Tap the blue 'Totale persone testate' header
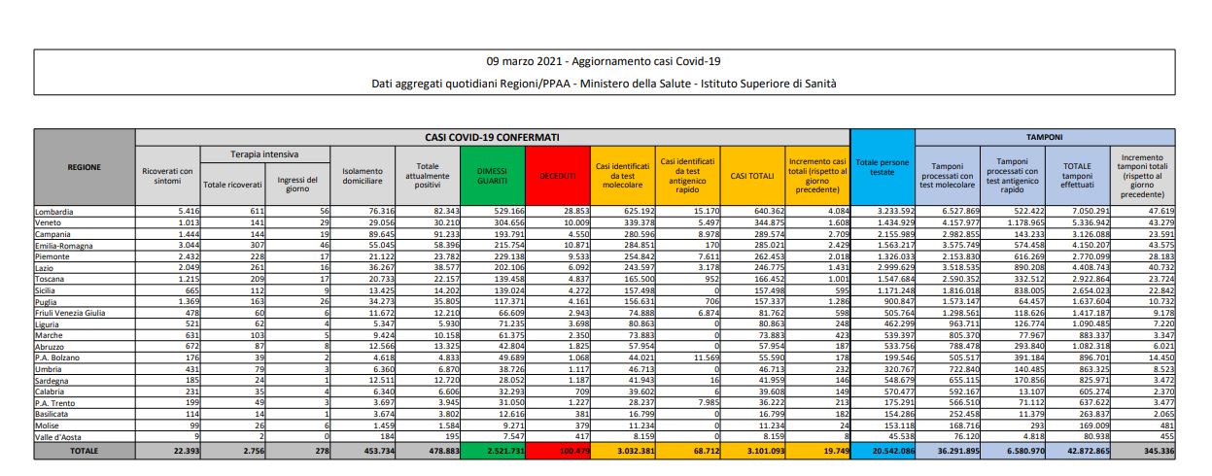pyautogui.click(x=882, y=166)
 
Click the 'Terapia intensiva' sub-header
pyautogui.click(x=264, y=154)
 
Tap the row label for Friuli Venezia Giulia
pyautogui.click(x=75, y=313)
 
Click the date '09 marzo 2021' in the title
pyautogui.click(x=527, y=61)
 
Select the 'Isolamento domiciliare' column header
pyautogui.click(x=363, y=175)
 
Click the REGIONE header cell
pyautogui.click(x=84, y=166)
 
